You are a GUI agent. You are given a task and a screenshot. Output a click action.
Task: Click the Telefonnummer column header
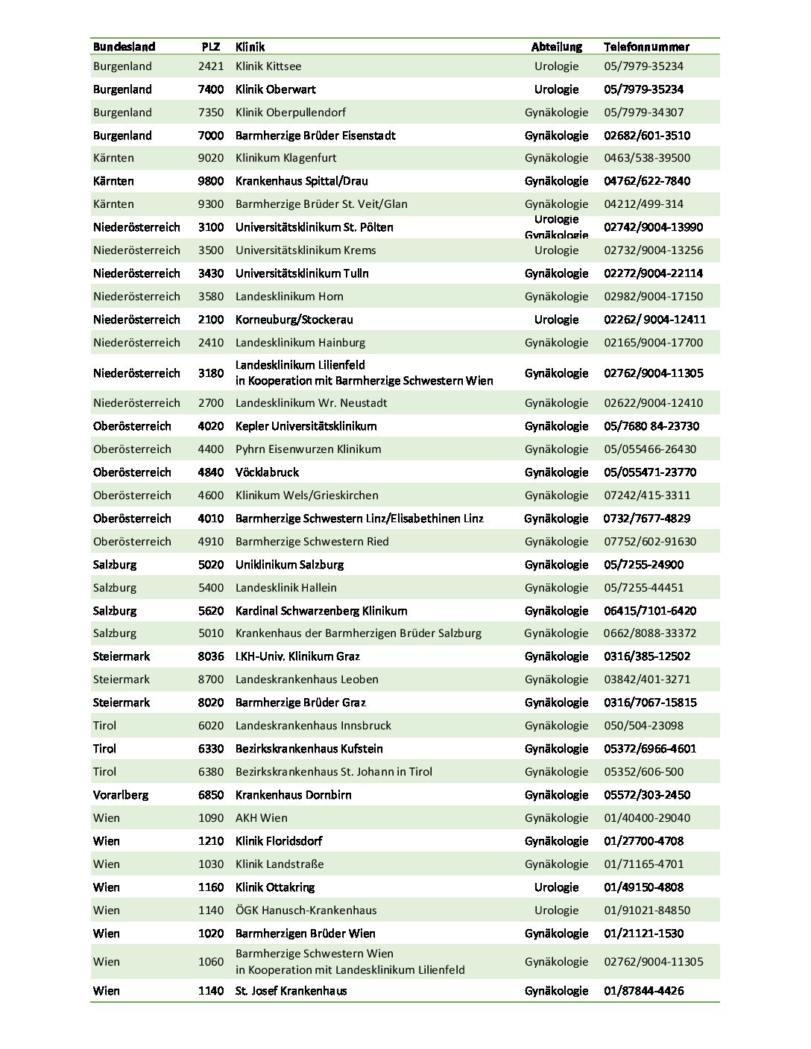point(646,46)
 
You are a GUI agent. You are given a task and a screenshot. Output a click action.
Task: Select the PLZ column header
point(210,46)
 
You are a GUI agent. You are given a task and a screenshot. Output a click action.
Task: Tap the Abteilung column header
point(556,46)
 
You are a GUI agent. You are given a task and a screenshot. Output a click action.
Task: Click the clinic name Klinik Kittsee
point(268,66)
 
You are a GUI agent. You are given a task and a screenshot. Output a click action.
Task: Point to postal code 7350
point(211,112)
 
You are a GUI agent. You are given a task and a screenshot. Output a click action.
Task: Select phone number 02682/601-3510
point(646,136)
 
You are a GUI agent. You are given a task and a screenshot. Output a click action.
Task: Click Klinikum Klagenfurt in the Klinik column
point(285,158)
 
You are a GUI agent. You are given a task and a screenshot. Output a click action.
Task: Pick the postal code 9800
point(211,181)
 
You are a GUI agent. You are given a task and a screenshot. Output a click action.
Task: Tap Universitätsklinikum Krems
point(306,250)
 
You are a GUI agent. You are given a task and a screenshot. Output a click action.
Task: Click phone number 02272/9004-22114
point(653,273)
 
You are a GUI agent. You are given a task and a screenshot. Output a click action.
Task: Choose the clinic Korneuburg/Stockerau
point(294,320)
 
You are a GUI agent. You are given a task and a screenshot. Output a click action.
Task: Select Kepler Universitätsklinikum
point(306,426)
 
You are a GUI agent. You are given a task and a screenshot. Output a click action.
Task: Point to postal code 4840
point(211,472)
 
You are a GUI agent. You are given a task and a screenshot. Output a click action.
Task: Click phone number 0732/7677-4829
point(646,519)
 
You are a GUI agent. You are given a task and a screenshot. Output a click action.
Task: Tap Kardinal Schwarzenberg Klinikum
point(321,611)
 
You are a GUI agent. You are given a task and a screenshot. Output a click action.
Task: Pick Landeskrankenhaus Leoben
point(306,679)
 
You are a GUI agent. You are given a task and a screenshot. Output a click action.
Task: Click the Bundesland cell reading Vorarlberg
point(121,795)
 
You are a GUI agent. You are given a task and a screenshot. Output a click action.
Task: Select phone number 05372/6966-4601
point(649,749)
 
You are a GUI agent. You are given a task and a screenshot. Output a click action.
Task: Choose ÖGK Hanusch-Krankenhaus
point(306,910)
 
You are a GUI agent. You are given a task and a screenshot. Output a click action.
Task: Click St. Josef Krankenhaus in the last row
point(291,991)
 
